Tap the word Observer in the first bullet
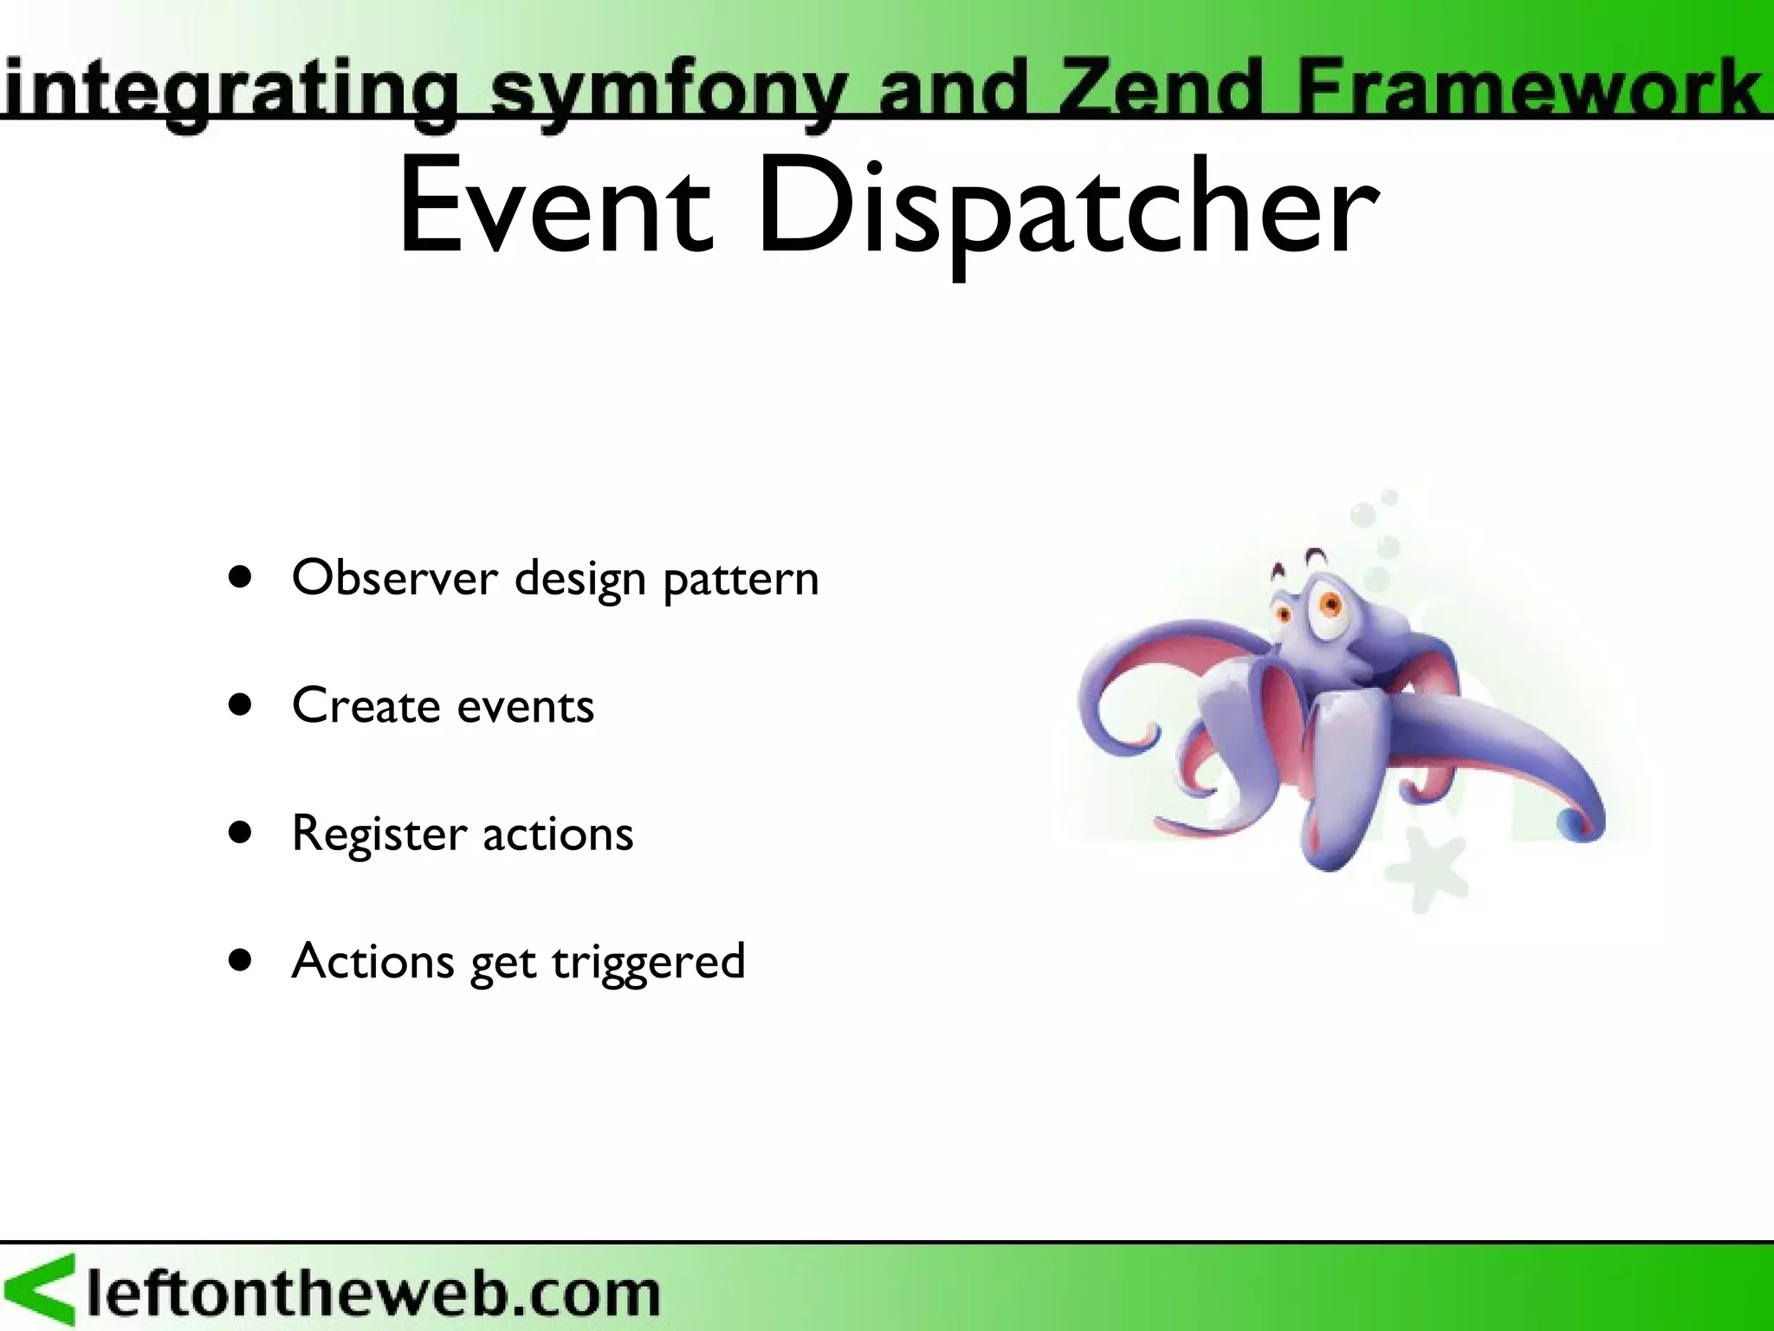[395, 578]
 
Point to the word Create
[366, 705]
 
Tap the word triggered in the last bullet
[648, 963]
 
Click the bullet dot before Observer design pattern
[241, 578]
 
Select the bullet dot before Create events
[241, 705]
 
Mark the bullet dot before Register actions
[241, 833]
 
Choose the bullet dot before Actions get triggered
[241, 960]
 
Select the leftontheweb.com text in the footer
[372, 1293]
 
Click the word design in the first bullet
[579, 580]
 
